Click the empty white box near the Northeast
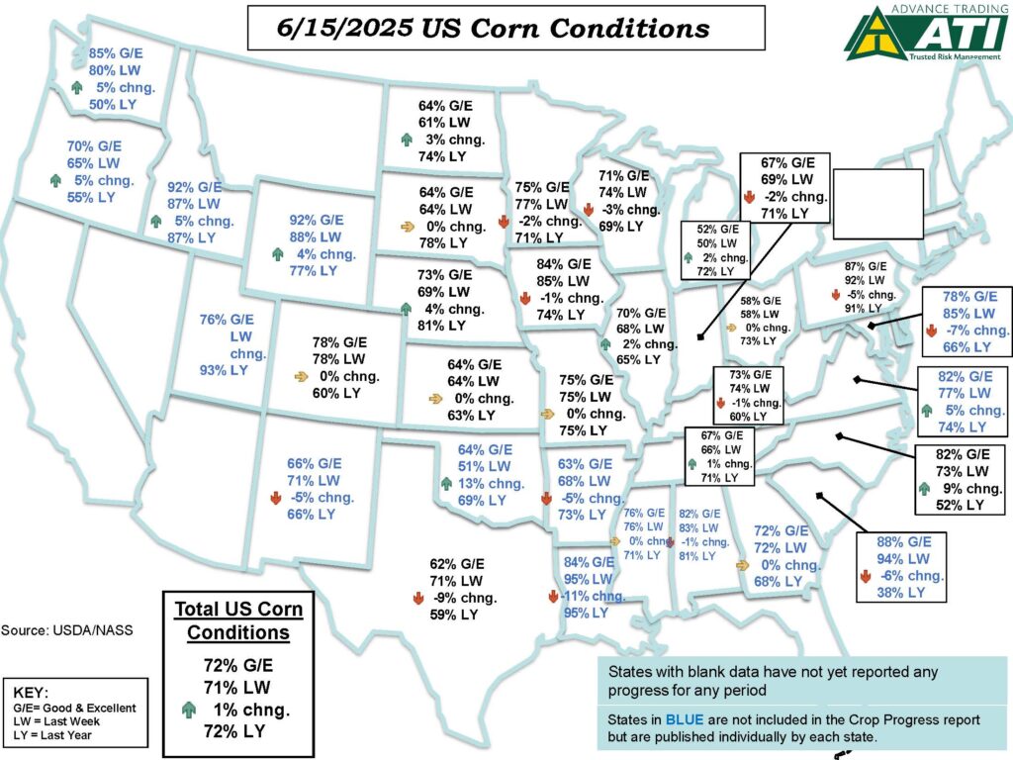tap(878, 203)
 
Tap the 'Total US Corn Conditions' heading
tap(238, 619)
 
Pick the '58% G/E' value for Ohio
tap(761, 300)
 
